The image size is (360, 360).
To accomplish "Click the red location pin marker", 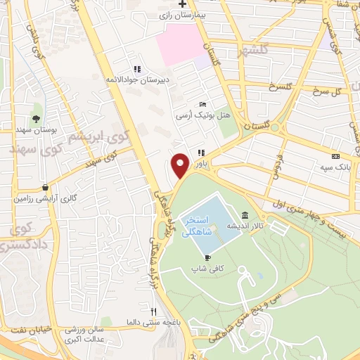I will (181, 165).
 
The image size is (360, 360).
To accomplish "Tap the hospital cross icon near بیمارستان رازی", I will (182, 4).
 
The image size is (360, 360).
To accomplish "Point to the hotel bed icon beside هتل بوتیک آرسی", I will (202, 104).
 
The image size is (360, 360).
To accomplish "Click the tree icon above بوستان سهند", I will (36, 117).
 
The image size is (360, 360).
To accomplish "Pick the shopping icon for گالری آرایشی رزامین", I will (46, 188).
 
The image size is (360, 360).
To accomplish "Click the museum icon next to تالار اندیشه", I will (245, 215).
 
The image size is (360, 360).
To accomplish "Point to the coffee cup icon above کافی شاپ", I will (207, 258).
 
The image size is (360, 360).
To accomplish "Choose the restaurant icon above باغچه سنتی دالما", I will (153, 310).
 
